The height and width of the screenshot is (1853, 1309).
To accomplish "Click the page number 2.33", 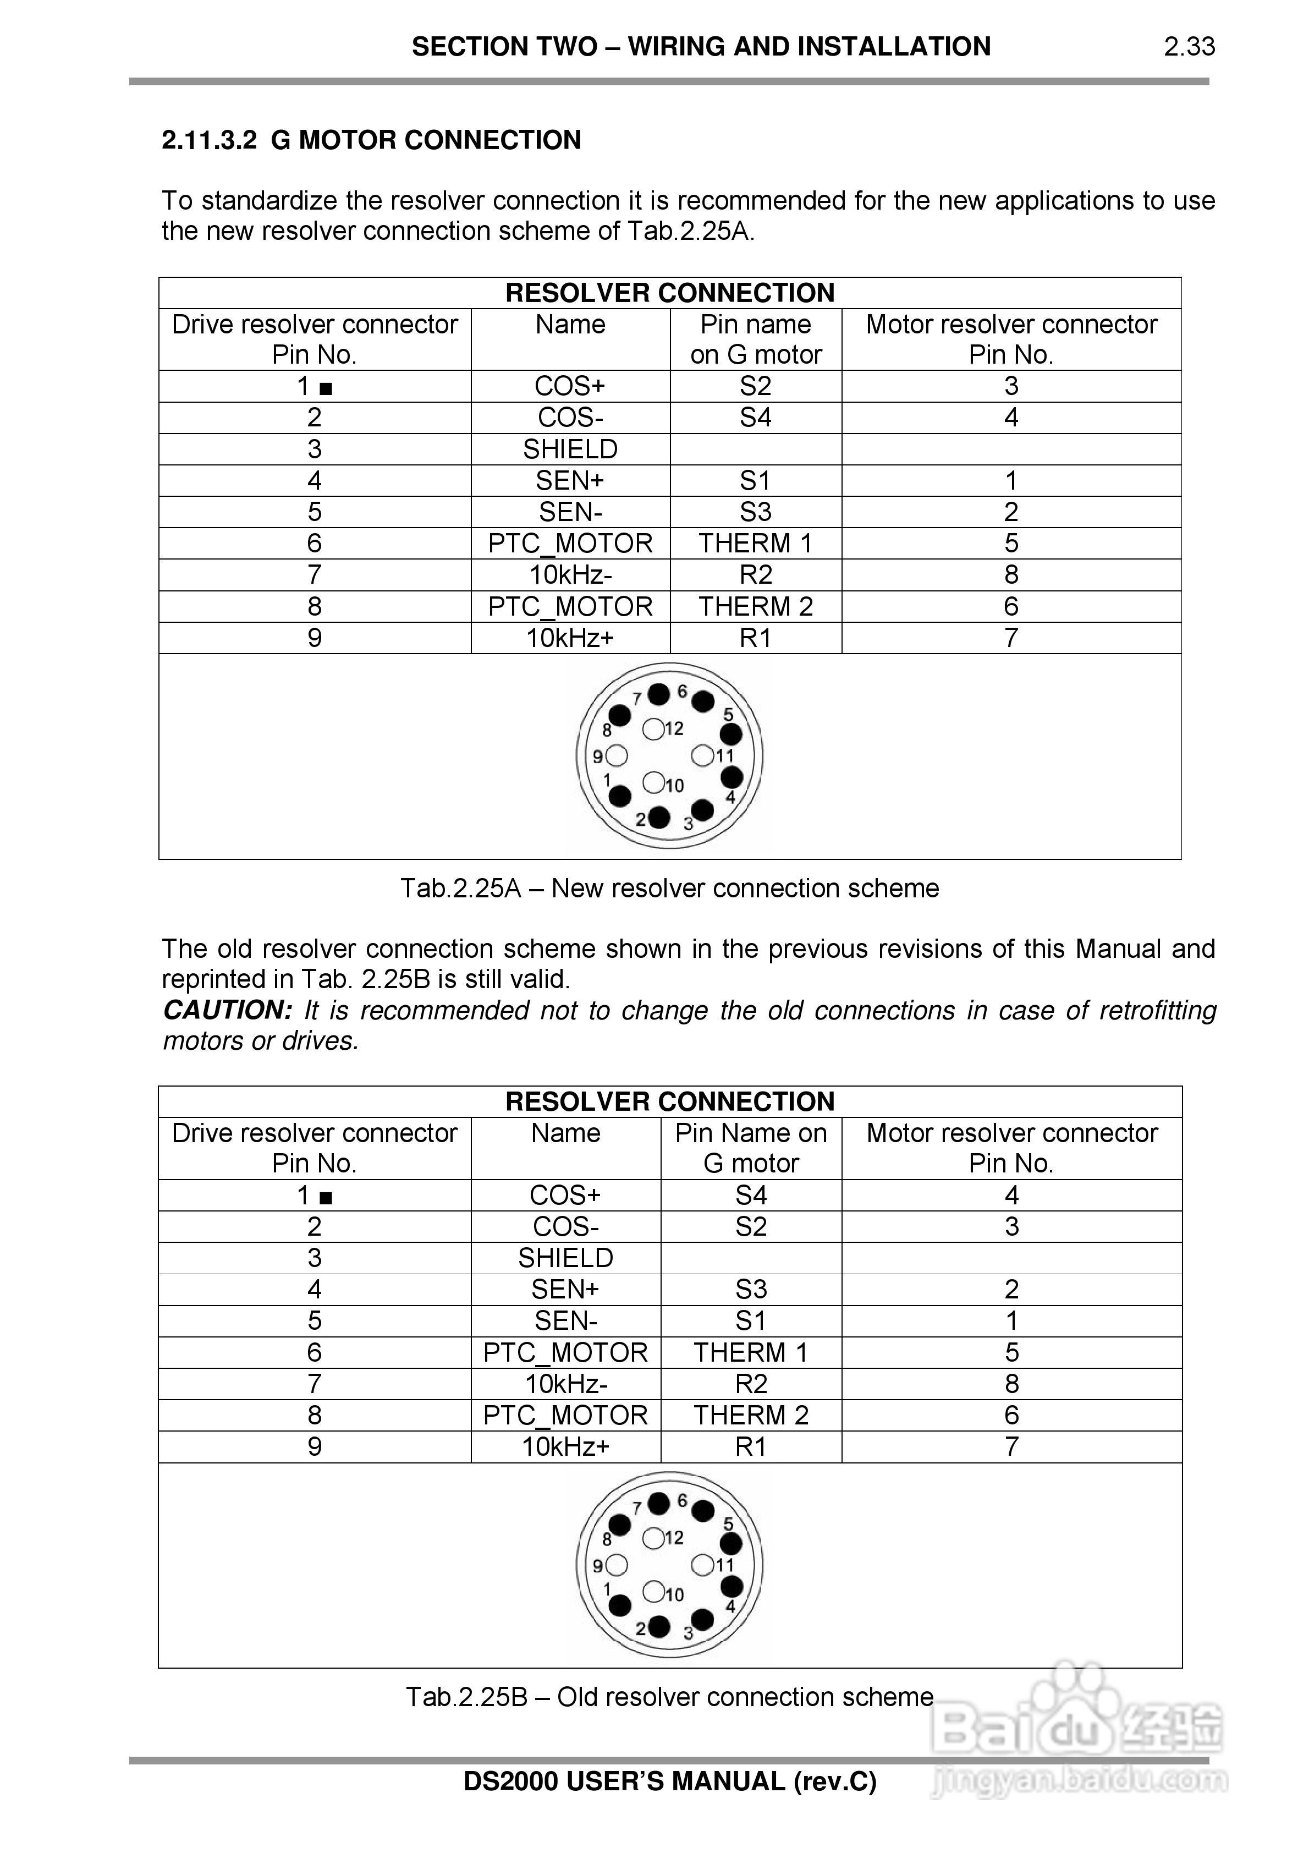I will pos(1189,47).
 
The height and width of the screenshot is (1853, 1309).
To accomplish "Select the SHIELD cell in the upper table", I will pos(570,449).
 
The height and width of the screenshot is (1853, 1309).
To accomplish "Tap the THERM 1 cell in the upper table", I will pos(755,543).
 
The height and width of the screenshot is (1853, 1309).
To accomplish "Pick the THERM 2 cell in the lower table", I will pos(751,1415).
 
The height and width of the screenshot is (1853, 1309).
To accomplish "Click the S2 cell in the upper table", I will pos(755,386).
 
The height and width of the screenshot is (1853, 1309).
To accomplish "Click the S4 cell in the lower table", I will pos(751,1194).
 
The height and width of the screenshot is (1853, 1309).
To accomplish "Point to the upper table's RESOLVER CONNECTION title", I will pos(670,293).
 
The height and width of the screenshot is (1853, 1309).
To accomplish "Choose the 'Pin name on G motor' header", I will pos(755,339).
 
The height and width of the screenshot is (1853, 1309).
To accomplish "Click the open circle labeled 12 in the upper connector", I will pos(653,729).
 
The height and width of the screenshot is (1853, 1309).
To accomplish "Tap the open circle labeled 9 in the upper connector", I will pos(618,756).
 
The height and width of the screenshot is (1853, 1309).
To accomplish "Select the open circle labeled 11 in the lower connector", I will pos(702,1565).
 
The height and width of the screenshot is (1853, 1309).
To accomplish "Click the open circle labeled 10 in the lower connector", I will pos(653,1592).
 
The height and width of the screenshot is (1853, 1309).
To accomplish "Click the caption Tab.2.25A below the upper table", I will pos(670,888).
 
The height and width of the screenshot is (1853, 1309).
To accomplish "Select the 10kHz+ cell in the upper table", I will pos(570,638).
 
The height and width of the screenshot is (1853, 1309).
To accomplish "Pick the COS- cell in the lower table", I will pos(565,1226).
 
